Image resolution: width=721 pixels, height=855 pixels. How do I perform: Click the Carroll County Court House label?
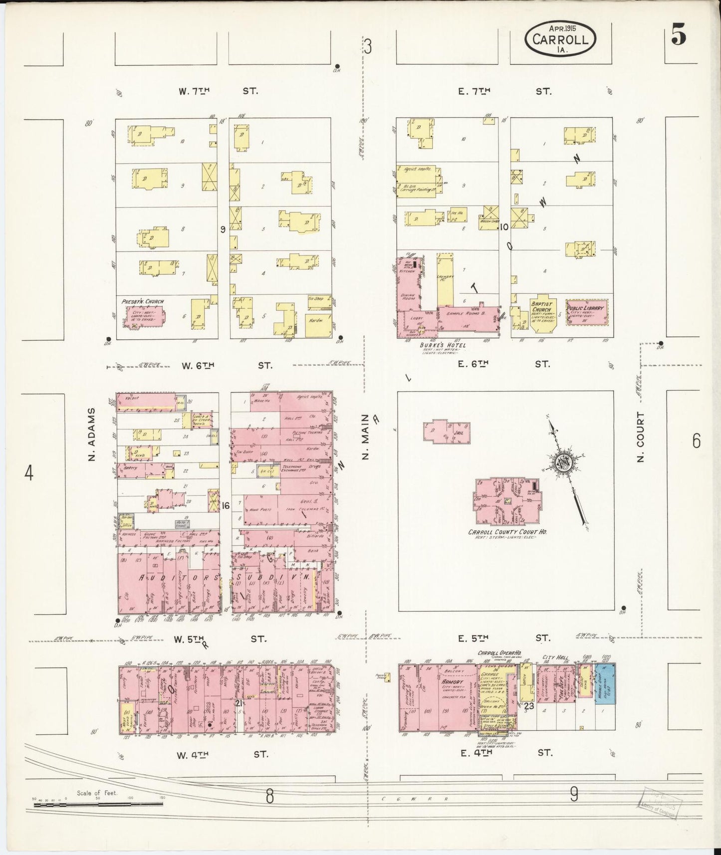tap(507, 532)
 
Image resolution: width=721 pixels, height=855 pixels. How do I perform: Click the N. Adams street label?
tap(91, 433)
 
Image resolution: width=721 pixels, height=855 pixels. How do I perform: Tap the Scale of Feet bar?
tap(95, 804)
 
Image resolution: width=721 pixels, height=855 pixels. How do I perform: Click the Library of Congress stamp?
tap(658, 805)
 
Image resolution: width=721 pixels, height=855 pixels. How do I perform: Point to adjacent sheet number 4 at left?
tap(29, 472)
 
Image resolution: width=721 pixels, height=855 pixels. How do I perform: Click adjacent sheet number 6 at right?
tap(696, 440)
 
